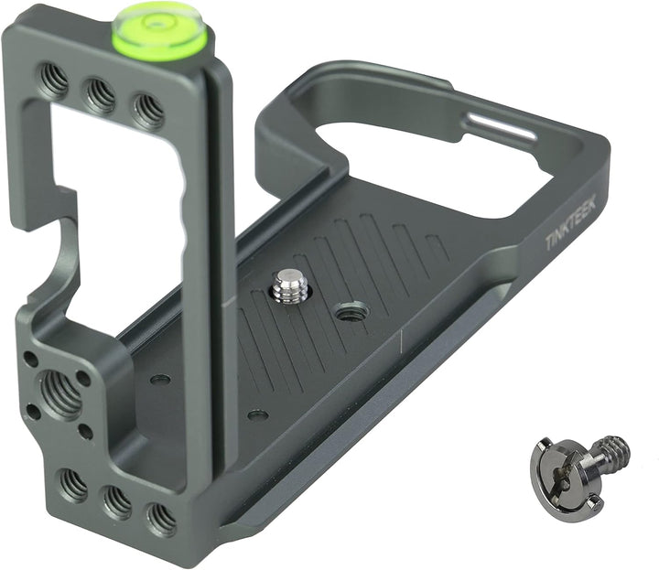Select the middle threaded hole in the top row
[x=100, y=94]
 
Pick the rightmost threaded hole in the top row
[x=147, y=109]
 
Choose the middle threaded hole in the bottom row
[x=116, y=501]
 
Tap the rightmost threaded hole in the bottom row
[x=161, y=518]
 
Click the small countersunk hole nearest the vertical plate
[x=160, y=379]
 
